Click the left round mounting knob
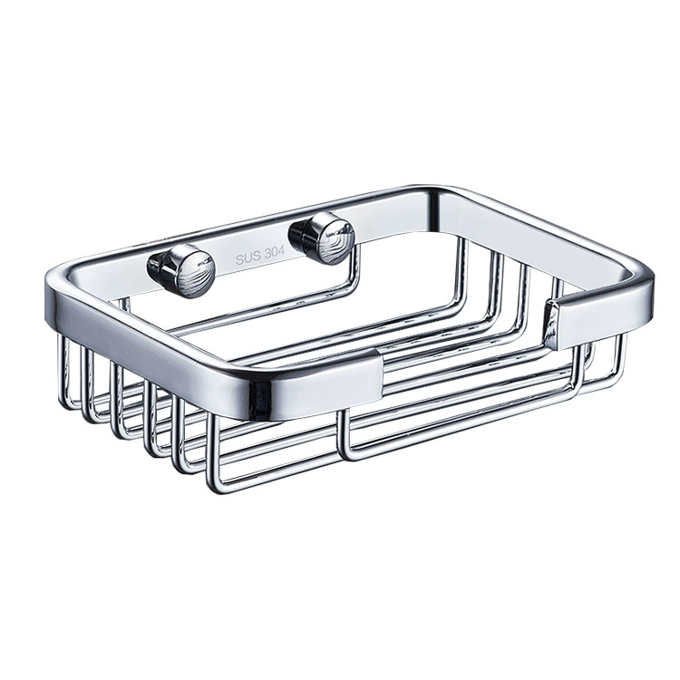(x=182, y=270)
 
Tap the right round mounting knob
(x=322, y=237)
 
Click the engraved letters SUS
(x=248, y=258)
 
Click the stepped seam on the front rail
(x=380, y=376)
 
